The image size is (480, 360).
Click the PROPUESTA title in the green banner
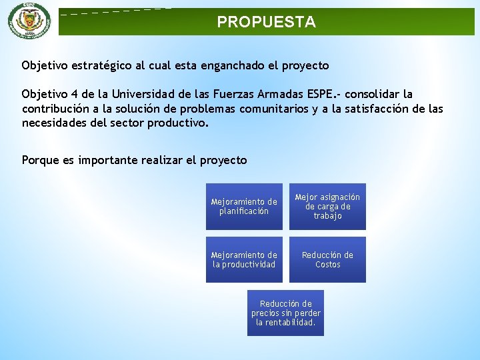coord(266,22)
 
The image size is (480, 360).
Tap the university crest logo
coord(29,20)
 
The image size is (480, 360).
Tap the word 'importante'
coord(107,160)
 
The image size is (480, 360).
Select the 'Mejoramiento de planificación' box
coord(244,207)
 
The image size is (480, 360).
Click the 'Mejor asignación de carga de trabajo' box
coord(327,207)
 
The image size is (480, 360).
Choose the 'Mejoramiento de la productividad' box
coord(244,260)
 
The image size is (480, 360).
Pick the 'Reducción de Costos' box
coord(327,260)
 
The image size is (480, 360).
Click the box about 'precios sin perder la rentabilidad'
coord(285,313)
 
